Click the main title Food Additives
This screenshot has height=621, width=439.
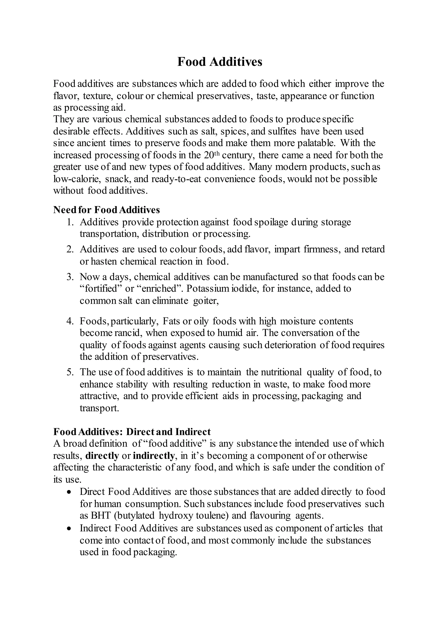pos(219,62)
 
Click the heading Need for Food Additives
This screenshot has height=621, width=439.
pos(107,210)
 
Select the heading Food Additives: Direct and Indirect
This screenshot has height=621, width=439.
pos(132,432)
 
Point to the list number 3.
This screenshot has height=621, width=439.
pos(70,277)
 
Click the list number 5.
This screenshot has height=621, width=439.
pos(70,372)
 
